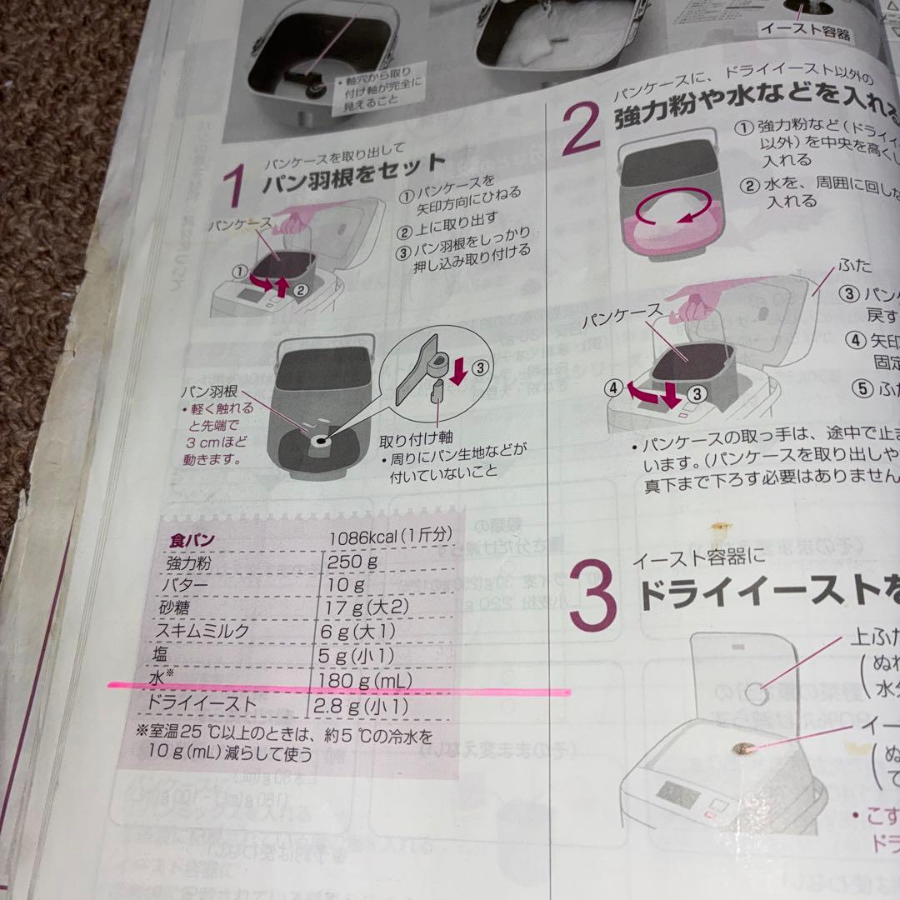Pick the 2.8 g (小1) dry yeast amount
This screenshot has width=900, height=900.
[x=360, y=707]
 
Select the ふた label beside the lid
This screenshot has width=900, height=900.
[x=856, y=266]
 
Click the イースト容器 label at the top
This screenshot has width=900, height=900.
[x=805, y=32]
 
